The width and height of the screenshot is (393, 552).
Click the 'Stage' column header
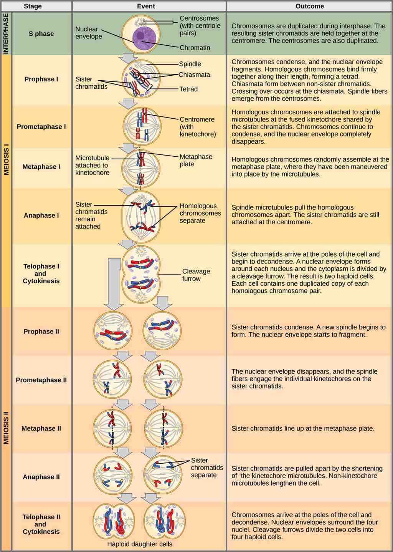click(33, 6)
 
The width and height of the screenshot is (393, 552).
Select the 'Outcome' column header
click(309, 6)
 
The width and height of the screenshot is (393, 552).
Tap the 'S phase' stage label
click(41, 34)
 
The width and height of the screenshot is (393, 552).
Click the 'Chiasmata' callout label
click(194, 75)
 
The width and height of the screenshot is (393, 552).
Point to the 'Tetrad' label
click(188, 89)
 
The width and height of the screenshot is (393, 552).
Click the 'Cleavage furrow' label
click(196, 275)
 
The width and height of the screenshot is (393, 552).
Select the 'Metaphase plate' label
click(196, 160)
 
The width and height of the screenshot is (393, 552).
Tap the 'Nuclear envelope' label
click(89, 33)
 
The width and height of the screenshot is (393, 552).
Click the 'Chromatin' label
click(195, 48)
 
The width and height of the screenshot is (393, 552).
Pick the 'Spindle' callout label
click(190, 64)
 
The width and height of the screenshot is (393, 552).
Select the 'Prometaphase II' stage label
click(41, 380)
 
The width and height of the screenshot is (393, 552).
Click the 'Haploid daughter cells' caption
click(140, 544)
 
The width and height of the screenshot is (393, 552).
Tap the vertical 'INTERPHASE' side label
click(6, 33)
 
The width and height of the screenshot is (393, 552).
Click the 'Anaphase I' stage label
click(41, 215)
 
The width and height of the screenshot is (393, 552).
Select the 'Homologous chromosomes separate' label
click(200, 213)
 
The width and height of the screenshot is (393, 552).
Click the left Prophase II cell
click(113, 331)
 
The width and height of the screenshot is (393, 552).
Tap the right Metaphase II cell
click(163, 428)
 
